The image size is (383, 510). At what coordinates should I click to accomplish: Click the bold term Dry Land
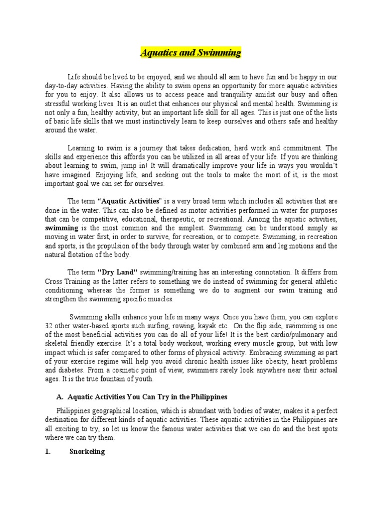[x=117, y=272]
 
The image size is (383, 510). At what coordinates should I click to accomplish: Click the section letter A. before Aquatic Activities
[x=58, y=397]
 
